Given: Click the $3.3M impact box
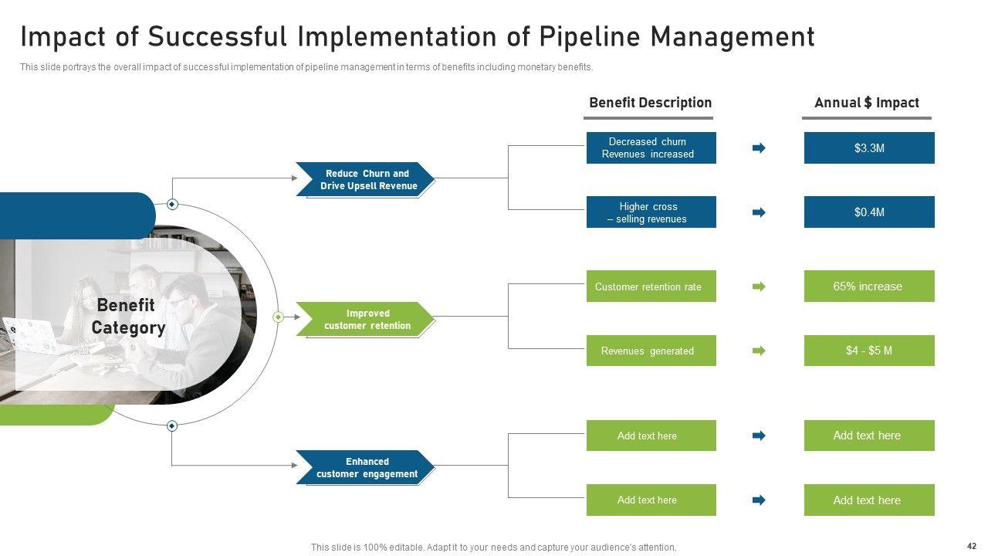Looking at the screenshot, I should [869, 147].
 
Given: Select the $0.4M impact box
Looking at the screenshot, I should [869, 212].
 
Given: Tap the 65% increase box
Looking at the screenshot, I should [869, 286].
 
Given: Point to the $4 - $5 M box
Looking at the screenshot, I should [869, 351].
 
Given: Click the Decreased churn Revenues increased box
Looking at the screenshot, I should [651, 147].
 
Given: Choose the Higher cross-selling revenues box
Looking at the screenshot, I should [651, 212].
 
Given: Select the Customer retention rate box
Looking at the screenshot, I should [651, 286].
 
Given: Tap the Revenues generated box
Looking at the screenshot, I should [651, 351].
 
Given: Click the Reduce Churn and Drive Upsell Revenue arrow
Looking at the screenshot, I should [366, 179].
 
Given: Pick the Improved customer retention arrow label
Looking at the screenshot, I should [366, 319].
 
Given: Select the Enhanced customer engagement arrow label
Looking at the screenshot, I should [366, 467].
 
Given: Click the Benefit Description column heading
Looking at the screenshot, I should [650, 103].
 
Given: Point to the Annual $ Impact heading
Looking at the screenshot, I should [867, 103].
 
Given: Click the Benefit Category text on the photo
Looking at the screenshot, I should [128, 317].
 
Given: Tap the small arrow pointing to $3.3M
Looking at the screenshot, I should [760, 147].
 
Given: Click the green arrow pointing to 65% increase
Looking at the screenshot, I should [760, 286].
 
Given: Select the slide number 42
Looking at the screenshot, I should [971, 545].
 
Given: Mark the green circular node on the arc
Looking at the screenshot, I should [279, 317].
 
